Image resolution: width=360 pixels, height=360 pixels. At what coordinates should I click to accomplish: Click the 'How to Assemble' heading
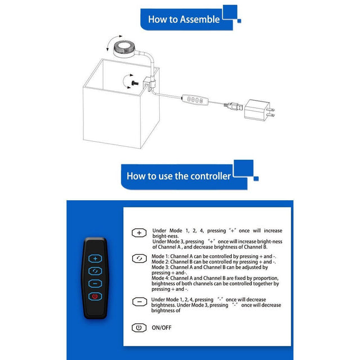pyautogui.click(x=183, y=19)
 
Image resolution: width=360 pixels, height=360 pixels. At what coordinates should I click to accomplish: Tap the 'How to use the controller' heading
pyautogui.click(x=178, y=175)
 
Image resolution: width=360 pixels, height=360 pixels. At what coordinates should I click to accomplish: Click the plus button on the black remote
pyautogui.click(x=95, y=258)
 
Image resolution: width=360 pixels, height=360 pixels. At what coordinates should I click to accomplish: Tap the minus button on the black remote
pyautogui.click(x=95, y=283)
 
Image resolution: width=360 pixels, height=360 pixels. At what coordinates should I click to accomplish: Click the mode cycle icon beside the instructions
pyautogui.click(x=138, y=258)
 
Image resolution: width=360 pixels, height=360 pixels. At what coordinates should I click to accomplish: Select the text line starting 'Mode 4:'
pyautogui.click(x=215, y=278)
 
